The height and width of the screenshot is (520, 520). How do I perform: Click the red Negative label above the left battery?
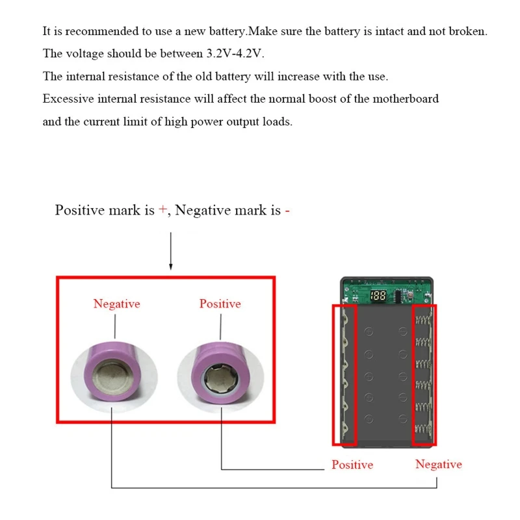point(116,304)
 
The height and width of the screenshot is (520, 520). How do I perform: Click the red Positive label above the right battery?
point(220,304)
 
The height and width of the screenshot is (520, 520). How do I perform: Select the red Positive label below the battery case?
point(352,465)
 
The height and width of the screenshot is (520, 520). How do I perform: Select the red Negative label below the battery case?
point(439,464)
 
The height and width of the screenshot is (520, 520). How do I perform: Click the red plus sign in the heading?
point(162,210)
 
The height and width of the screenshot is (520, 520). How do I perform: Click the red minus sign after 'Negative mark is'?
point(287,210)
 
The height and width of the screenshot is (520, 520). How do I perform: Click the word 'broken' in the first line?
point(467,31)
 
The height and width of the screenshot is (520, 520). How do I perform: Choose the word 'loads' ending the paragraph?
point(277,122)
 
